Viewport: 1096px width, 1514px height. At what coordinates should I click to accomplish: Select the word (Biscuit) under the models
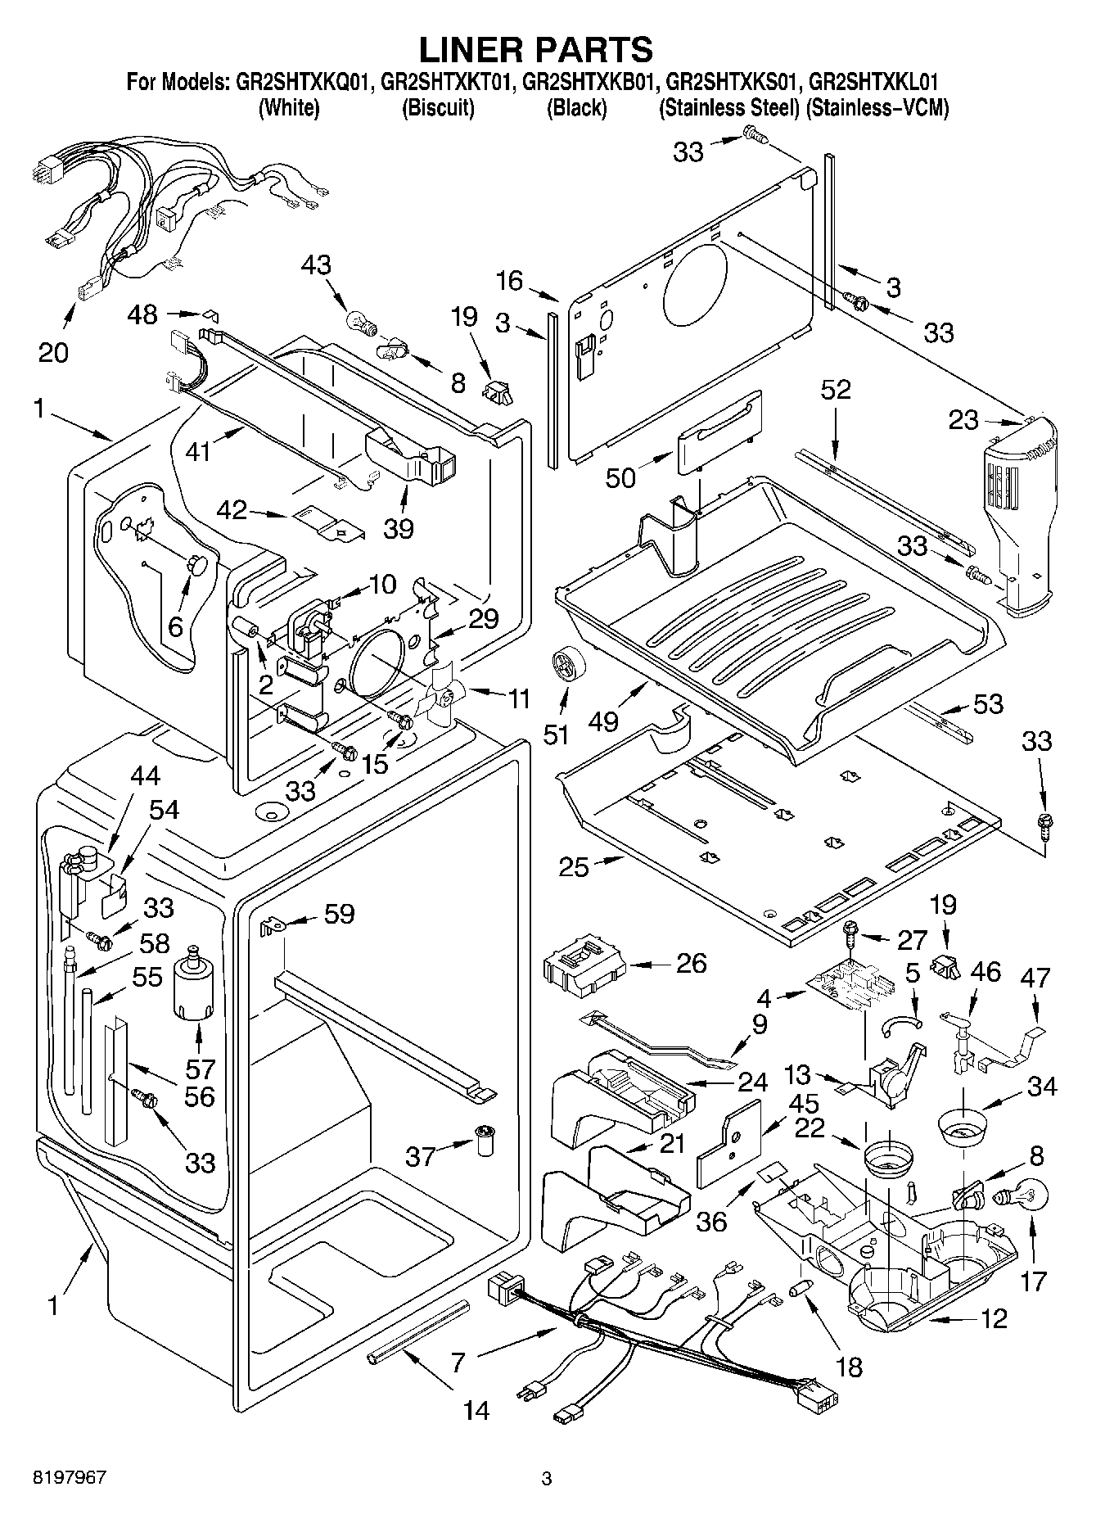(x=438, y=107)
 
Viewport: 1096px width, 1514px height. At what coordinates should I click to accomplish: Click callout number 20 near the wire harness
(x=53, y=352)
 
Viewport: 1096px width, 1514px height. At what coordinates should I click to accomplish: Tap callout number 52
(x=836, y=389)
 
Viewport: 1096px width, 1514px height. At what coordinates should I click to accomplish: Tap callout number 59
(x=339, y=913)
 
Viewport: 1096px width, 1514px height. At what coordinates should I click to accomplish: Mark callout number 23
(x=963, y=420)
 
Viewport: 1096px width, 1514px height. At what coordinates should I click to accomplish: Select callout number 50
(x=620, y=477)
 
